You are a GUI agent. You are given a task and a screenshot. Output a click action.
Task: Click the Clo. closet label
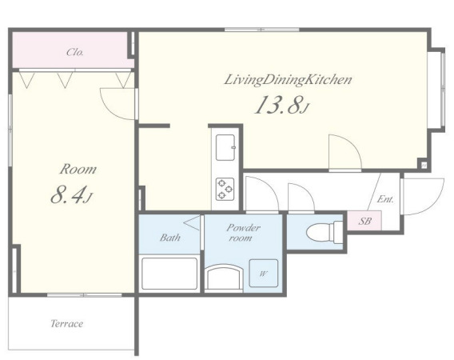(74, 52)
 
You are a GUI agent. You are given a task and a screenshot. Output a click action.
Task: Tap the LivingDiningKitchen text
(288, 80)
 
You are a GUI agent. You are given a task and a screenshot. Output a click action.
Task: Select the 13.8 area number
(278, 105)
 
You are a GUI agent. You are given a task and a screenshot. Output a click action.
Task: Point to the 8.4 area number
(69, 194)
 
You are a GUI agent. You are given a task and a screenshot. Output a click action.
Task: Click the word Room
(78, 169)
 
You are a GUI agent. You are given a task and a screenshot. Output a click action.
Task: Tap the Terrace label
(67, 323)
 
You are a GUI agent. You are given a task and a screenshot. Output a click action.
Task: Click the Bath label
(170, 238)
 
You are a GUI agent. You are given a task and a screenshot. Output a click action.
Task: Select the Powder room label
(243, 233)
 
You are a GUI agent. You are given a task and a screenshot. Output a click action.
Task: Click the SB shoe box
(364, 221)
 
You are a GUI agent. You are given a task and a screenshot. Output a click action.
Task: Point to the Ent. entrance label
(385, 199)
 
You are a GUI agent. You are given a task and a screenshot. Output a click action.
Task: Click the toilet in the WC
(325, 232)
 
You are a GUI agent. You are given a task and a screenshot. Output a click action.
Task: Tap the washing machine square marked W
(264, 274)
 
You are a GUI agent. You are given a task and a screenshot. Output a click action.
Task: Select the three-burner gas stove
(225, 189)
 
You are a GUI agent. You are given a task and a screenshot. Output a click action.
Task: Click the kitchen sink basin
(225, 147)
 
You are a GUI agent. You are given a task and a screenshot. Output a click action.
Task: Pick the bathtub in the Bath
(169, 274)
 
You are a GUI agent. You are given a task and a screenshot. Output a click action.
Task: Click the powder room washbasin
(223, 278)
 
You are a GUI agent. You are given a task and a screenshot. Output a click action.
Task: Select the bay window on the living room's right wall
(437, 90)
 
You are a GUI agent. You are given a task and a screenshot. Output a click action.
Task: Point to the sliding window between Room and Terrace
(84, 295)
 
